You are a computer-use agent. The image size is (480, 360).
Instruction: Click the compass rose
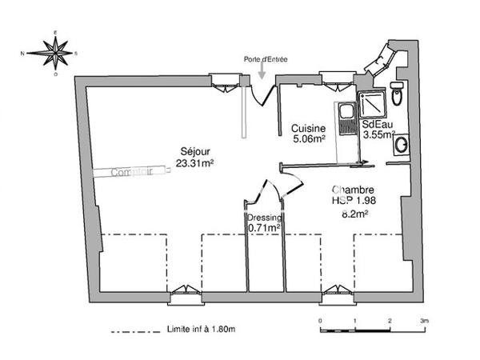coord(56,54)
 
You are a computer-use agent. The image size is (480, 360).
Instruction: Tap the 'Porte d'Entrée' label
coord(265,59)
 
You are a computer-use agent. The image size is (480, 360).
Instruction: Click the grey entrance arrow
coord(263,71)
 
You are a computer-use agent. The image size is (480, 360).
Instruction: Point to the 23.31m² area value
coord(194,167)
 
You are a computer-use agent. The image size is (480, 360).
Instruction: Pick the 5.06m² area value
coord(308,139)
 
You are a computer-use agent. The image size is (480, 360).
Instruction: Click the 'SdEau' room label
coord(376,125)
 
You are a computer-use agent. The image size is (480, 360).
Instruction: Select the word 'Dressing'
coord(263,217)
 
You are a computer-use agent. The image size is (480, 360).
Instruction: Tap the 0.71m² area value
coord(263,228)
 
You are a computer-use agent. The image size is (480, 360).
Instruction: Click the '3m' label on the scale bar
coord(423,320)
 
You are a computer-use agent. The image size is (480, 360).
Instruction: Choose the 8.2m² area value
coord(354,214)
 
